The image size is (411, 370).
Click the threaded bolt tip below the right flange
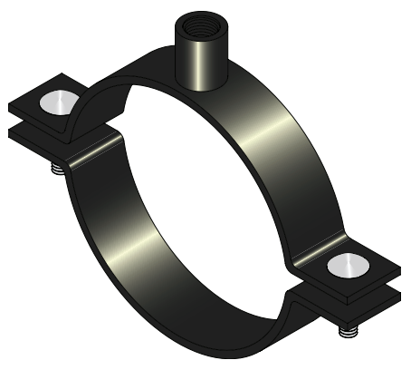point(347,333)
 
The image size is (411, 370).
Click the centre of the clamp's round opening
point(204,195)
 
